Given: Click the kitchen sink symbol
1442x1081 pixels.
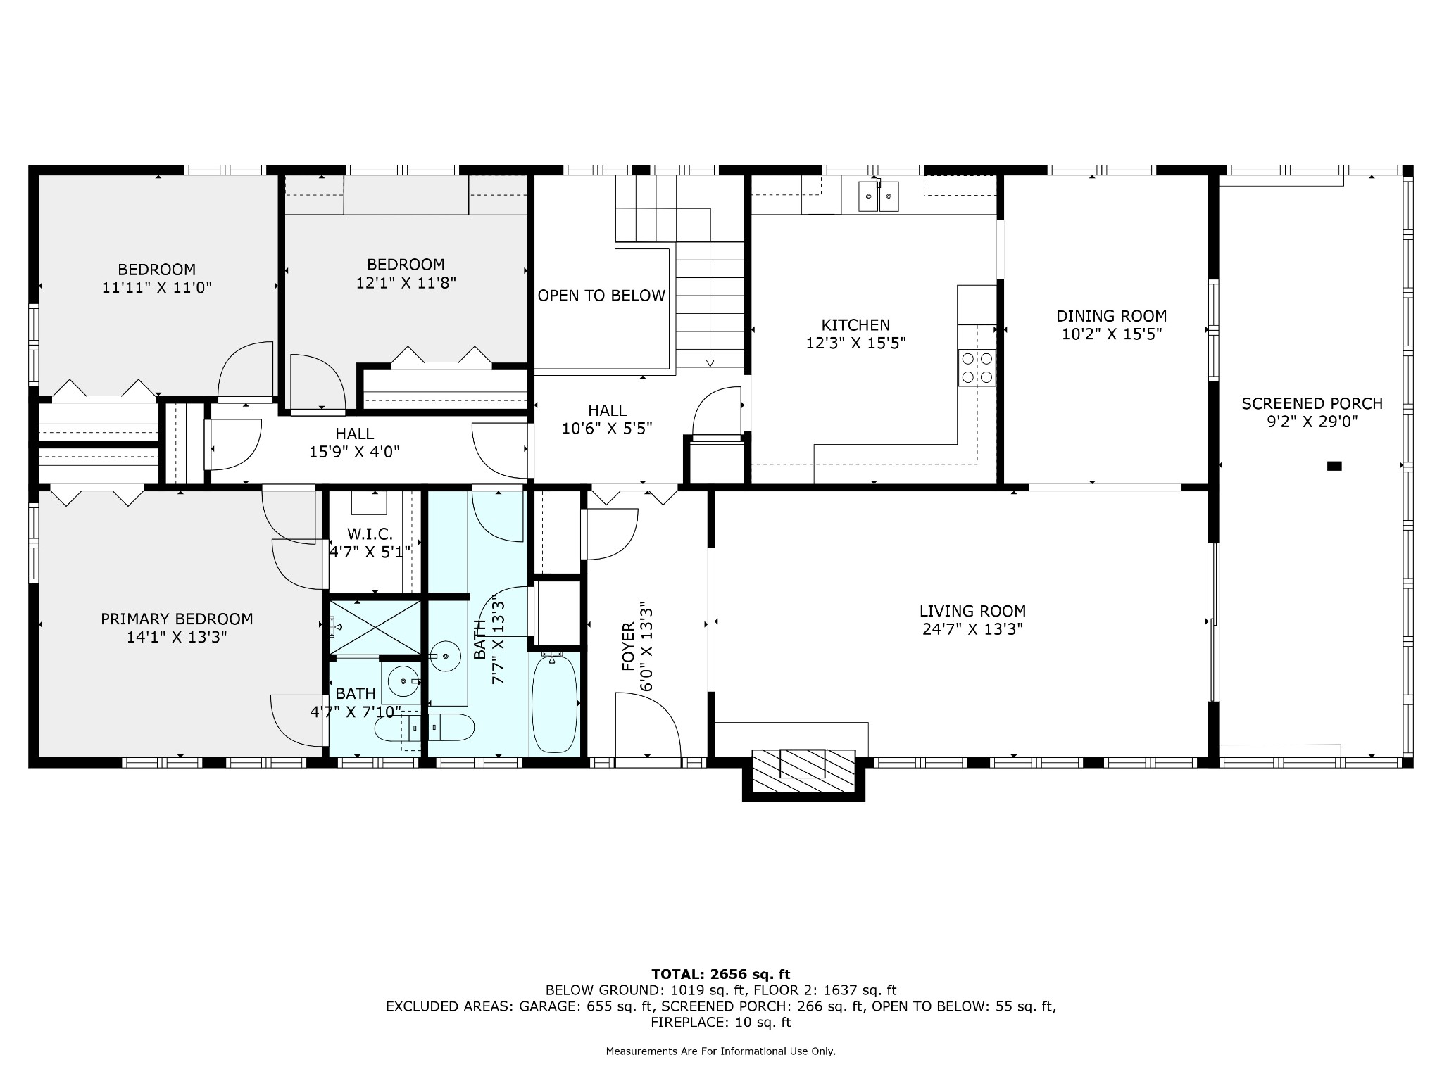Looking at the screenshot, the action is [879, 196].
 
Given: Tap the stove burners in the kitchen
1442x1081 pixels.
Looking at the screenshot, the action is [977, 367].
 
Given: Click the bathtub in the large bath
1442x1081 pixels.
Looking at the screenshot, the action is [555, 704].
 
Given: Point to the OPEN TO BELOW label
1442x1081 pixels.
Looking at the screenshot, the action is [601, 296].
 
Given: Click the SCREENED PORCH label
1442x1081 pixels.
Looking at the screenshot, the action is [1312, 404].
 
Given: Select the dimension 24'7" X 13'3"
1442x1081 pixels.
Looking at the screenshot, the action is [972, 629].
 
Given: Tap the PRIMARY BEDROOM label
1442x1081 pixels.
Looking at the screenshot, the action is [177, 619].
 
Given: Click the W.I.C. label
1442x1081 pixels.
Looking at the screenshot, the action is [370, 534].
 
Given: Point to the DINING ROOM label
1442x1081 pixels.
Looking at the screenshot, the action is [1111, 317].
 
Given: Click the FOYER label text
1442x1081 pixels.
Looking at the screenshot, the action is [628, 646].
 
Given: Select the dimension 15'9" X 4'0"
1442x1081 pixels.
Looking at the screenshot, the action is [354, 452].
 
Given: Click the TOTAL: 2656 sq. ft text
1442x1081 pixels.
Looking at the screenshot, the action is [721, 975].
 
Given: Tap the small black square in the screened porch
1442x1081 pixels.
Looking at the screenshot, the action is [1334, 466].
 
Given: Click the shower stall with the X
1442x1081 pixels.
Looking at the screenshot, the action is [375, 626].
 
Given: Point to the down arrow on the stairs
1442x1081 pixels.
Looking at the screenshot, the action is [710, 362].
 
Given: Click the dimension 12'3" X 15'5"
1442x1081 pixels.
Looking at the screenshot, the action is [855, 343].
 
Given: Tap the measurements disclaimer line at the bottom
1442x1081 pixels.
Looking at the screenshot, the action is [721, 1051].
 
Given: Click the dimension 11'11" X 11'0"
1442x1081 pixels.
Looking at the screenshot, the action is [156, 287].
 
